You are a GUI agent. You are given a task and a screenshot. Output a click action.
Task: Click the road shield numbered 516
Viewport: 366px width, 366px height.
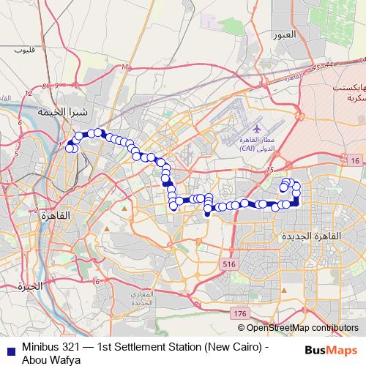[229, 263]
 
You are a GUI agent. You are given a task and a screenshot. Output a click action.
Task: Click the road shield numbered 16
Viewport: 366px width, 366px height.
[354, 161]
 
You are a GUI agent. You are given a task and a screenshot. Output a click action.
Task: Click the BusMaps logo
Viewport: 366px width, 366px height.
[331, 351]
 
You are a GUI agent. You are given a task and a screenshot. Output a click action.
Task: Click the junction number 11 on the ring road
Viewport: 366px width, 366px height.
[125, 67]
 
